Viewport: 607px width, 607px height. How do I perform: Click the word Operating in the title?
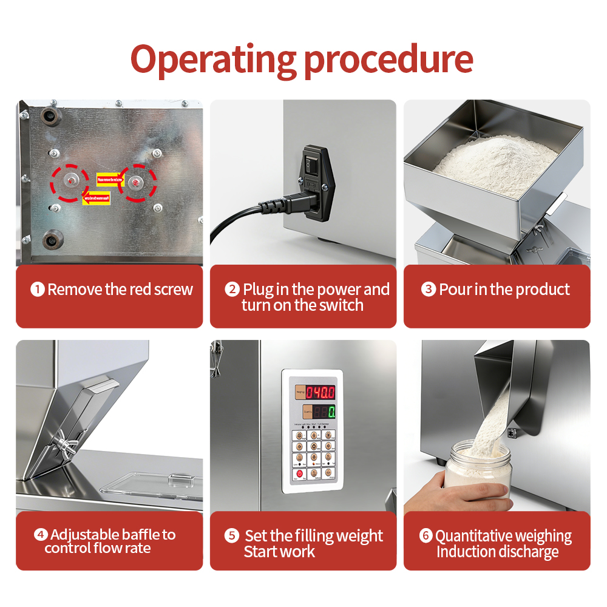tap(213, 60)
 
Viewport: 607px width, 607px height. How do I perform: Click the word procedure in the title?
tap(388, 60)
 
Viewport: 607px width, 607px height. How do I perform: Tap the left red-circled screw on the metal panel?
tap(72, 181)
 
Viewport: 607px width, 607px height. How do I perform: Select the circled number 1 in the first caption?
tap(38, 290)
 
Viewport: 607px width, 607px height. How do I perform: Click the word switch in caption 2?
tap(340, 305)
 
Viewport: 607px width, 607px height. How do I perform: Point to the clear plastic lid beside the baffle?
tap(152, 483)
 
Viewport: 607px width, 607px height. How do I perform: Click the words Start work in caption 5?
tap(279, 552)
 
